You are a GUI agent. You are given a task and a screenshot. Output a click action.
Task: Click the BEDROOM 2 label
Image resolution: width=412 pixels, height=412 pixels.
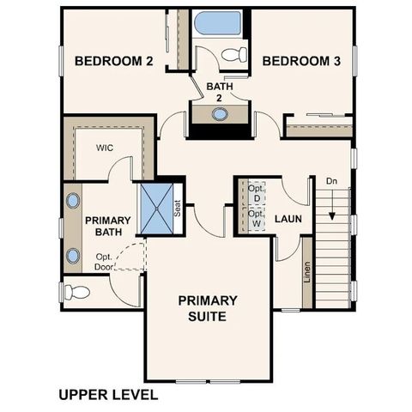[113, 61]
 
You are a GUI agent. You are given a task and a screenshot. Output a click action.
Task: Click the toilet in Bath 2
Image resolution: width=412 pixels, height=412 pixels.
[232, 57]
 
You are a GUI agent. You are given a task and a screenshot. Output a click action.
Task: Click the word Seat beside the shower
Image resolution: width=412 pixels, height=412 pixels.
[178, 209]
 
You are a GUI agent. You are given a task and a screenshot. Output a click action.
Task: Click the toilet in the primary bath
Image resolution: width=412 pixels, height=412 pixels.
[77, 292]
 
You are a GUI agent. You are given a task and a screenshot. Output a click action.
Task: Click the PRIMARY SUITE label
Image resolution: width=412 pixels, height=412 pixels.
[207, 308]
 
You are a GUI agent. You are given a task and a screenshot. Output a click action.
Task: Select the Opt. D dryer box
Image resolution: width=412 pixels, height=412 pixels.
[256, 193]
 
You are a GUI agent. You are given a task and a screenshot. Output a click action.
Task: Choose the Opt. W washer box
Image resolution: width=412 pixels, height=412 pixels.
[256, 219]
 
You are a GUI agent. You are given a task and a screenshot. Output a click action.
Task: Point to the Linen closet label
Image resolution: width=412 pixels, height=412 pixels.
[306, 273]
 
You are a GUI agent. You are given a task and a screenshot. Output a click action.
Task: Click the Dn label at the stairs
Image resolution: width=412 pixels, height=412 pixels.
[331, 181]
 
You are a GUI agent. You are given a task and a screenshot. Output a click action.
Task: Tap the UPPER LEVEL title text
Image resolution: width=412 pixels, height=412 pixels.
[109, 396]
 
